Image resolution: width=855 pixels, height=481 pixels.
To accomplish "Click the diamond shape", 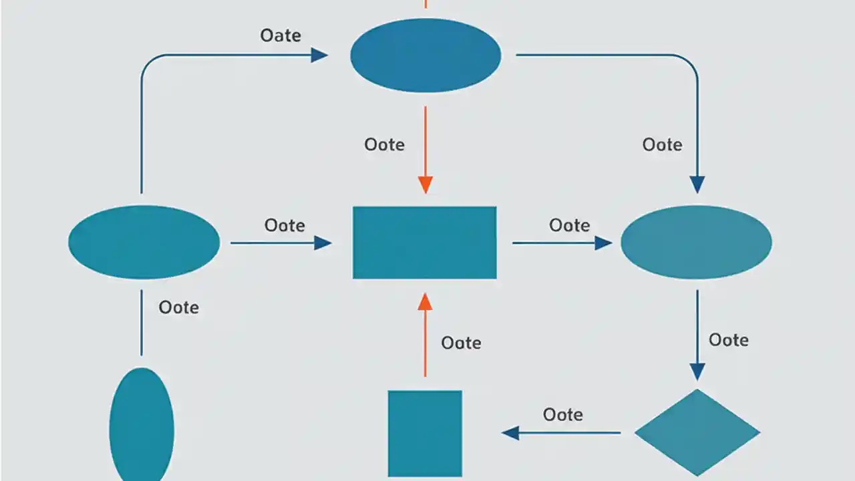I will pos(697,433).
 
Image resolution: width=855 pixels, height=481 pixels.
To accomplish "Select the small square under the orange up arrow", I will pos(425,434).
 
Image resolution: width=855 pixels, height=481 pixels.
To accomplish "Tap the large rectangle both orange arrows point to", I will pos(425,243).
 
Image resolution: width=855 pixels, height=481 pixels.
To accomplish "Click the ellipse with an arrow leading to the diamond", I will pos(696,242).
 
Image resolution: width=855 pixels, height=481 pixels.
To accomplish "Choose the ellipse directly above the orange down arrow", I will pos(425,55).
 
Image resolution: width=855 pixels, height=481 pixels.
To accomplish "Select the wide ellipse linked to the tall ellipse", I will pos(144,242).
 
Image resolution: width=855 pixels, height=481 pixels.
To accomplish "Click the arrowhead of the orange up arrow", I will pos(425,303).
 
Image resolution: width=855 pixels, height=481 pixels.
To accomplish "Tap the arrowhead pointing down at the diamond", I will pos(697,371).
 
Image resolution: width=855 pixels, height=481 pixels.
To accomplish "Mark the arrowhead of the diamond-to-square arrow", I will pos(511,433).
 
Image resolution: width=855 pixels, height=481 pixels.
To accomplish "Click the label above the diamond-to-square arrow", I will pos(563,415).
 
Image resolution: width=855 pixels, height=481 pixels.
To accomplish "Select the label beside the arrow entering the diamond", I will pos(729,340).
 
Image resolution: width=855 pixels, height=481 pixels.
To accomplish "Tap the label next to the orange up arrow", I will pos(462,343).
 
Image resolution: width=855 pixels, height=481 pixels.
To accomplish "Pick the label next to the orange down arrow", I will pos(385,144).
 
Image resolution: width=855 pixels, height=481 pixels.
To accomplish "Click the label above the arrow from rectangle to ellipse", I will pos(570,225).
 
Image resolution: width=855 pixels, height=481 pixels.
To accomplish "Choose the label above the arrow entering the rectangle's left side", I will pos(285,225).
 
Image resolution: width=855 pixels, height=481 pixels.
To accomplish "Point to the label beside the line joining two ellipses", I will pos(179,307).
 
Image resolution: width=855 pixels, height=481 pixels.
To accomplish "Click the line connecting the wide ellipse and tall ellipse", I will pos(142,323).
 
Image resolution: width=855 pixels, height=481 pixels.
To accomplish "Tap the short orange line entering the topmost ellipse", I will pos(425,4).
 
